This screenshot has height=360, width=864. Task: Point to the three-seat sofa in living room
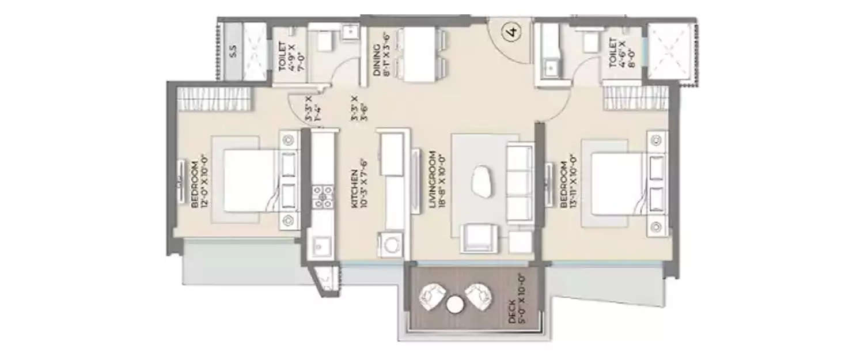point(520,183)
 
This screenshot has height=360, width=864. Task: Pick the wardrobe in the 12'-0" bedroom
point(214,98)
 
